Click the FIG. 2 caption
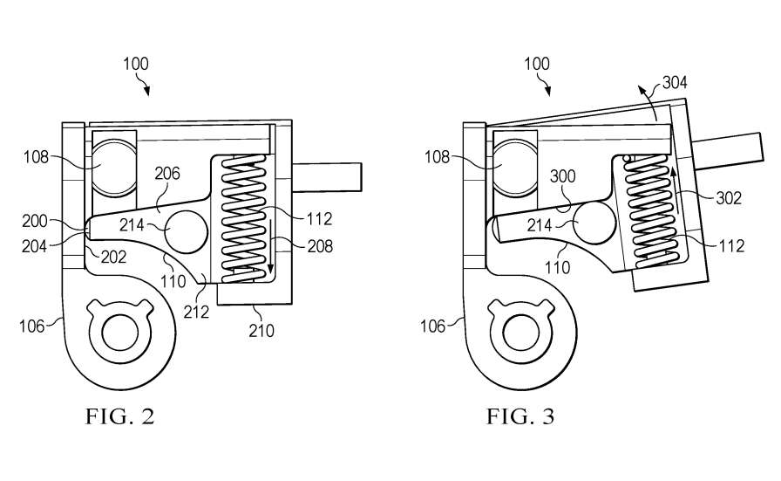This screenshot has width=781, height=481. point(120,416)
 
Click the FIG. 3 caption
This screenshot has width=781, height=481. point(520,416)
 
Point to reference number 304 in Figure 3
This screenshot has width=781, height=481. point(675,83)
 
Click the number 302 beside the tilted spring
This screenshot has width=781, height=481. point(728,198)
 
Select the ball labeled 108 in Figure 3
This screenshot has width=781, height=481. point(514,161)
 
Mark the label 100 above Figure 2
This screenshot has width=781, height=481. point(135,64)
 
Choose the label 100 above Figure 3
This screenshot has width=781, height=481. point(537,64)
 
